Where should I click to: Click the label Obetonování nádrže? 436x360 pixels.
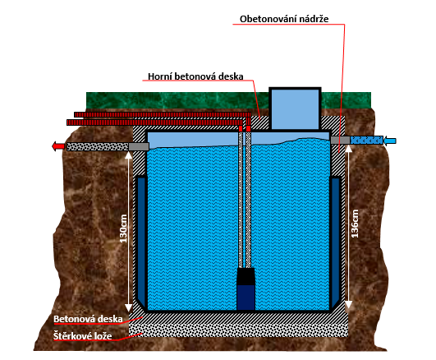[284, 19]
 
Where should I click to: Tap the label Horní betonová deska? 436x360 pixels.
[195, 76]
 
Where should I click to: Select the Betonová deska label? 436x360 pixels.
[88, 319]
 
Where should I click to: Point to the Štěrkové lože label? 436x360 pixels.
[83, 336]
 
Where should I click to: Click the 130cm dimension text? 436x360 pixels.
[123, 228]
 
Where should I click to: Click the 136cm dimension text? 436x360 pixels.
[355, 224]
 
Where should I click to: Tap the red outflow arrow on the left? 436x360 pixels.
[58, 146]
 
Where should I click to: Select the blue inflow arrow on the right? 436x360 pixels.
[390, 141]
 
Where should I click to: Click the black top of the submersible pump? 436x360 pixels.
[246, 276]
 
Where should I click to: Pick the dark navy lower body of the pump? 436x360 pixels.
[246, 298]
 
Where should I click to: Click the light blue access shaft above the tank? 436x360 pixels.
[295, 108]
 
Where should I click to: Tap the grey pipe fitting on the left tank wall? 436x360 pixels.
[139, 146]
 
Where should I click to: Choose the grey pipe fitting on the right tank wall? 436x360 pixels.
[341, 140]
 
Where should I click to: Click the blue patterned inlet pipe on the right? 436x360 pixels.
[366, 140]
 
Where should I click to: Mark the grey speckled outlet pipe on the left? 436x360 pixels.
[98, 146]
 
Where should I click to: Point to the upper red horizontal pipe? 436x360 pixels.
[163, 114]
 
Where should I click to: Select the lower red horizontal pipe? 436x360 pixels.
[154, 122]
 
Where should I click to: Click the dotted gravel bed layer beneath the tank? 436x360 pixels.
[239, 330]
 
